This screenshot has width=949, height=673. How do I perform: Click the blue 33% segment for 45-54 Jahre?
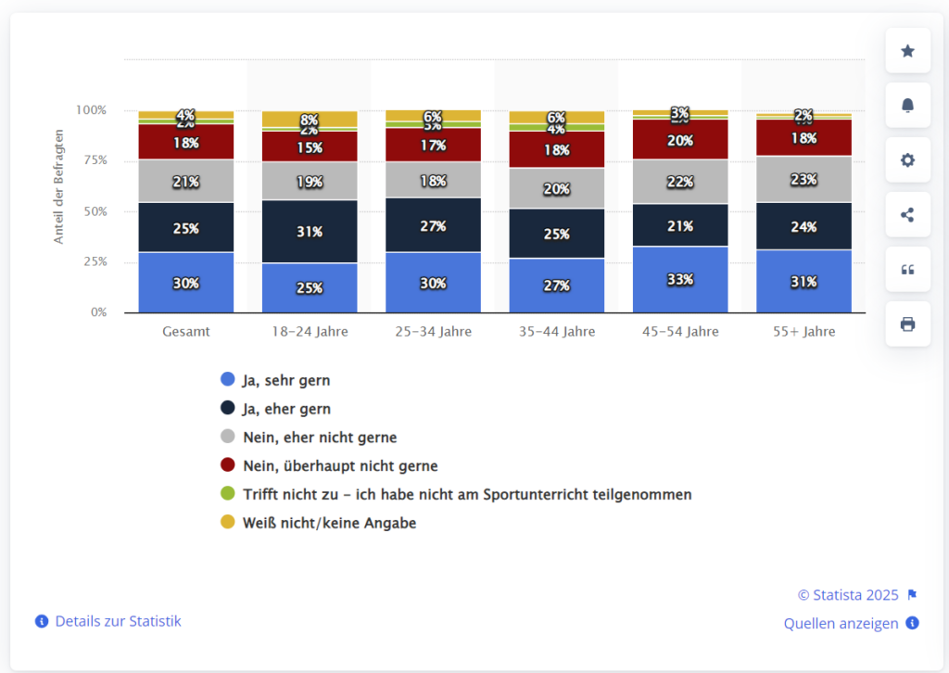coord(679,279)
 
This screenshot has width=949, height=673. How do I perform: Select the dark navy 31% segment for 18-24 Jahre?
coord(309,232)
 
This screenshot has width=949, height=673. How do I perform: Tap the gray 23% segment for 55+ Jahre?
coord(803,179)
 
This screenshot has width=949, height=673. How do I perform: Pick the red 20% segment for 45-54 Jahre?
coord(679,140)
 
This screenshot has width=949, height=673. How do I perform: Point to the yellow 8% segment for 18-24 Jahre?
coord(309,120)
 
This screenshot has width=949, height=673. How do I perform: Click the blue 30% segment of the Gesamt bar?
coord(185,283)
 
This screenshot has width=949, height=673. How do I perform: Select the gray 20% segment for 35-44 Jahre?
coord(556,188)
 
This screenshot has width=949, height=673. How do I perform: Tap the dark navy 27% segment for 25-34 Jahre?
coord(433,225)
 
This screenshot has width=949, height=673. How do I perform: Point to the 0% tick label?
coord(97,312)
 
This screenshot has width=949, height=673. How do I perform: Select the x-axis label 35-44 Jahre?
coord(556,331)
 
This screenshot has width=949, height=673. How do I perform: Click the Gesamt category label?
coord(185,331)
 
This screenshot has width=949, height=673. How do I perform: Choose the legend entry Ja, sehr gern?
coord(285,379)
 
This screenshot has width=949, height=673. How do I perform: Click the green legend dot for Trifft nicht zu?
coord(227,494)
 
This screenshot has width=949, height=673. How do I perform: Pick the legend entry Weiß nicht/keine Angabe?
coord(329,523)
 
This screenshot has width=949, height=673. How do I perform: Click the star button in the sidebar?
coord(907,51)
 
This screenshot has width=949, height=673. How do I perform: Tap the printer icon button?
coord(907,324)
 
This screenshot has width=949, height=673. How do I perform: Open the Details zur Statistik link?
coord(118,621)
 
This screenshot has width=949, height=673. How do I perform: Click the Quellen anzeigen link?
coord(841,623)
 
